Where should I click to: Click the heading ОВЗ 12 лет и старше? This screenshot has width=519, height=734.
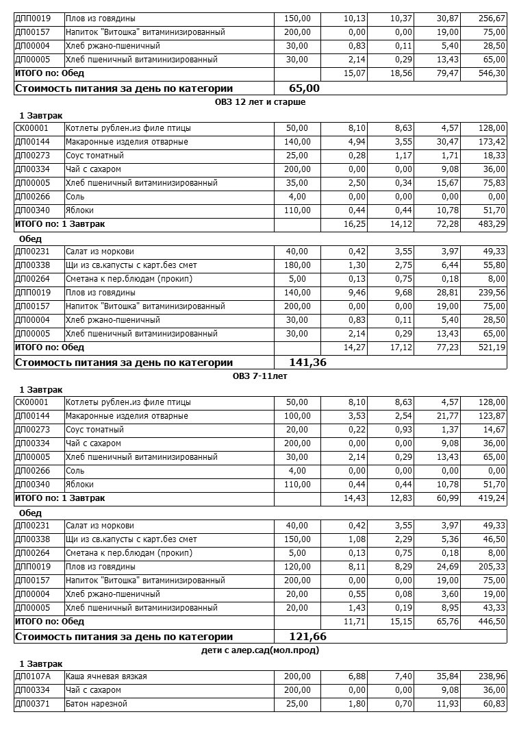pos(259,101)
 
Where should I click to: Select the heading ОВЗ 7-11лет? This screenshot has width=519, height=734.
pos(259,376)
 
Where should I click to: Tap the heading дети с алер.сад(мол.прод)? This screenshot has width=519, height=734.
pos(259,650)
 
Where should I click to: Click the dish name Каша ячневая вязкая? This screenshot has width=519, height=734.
pos(106,676)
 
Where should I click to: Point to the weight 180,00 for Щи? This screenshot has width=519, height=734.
pos(296,265)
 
